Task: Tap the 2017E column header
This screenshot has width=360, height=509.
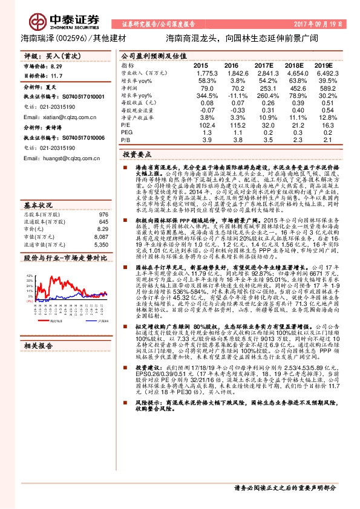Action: pos(264,65)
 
